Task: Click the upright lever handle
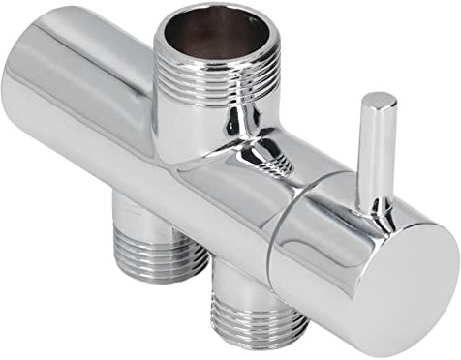click(375, 145)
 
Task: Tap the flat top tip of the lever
click(379, 99)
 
